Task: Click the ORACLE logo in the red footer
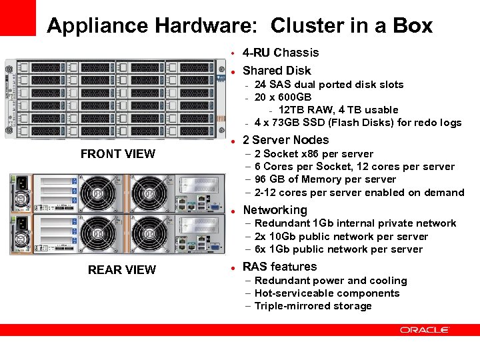pos(425,330)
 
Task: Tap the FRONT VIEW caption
pos(117,154)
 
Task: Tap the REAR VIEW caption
pos(122,270)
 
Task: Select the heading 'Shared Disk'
pos(277,71)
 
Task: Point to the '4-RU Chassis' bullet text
pos(281,53)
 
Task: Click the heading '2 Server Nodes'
pos(285,140)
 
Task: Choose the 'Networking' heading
pos(275,210)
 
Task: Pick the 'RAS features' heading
pos(279,267)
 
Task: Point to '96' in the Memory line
pos(261,179)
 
